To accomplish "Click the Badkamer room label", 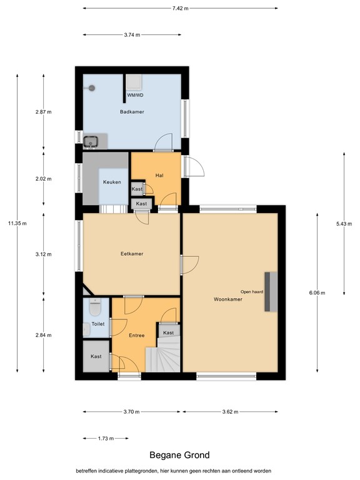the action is click(x=132, y=112).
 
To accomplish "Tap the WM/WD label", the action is click(x=135, y=95).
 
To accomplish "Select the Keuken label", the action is click(x=112, y=182).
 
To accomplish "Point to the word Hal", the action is click(x=159, y=176).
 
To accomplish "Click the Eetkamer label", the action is click(x=132, y=254).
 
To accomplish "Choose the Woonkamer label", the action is click(x=228, y=299).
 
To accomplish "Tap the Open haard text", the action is click(x=252, y=292).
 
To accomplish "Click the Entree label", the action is click(x=136, y=335).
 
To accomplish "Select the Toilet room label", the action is click(x=98, y=324).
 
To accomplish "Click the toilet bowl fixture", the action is click(x=95, y=307).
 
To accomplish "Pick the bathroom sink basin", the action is click(x=91, y=141).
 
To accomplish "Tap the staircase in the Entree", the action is click(x=162, y=354).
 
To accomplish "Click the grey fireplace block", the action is click(x=271, y=292).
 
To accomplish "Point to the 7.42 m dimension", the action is click(x=180, y=8).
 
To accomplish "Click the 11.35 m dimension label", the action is click(x=17, y=223).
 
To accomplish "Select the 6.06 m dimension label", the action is click(x=317, y=292).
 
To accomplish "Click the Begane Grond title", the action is click(x=180, y=455).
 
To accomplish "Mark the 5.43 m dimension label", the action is click(x=344, y=224).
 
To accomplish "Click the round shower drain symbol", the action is click(x=92, y=88).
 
